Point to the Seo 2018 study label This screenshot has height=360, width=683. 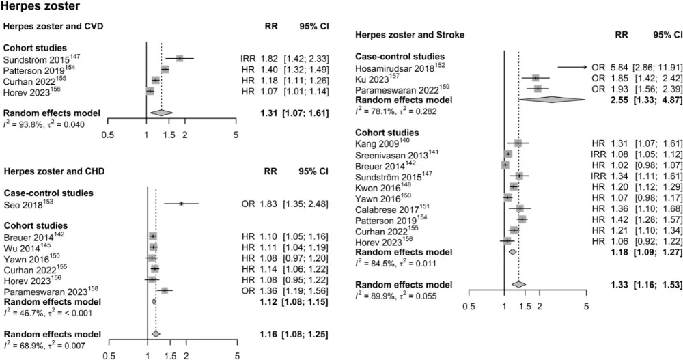point(27,203)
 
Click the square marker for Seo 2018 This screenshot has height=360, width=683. point(181,203)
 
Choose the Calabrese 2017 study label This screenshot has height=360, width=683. point(393,208)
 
